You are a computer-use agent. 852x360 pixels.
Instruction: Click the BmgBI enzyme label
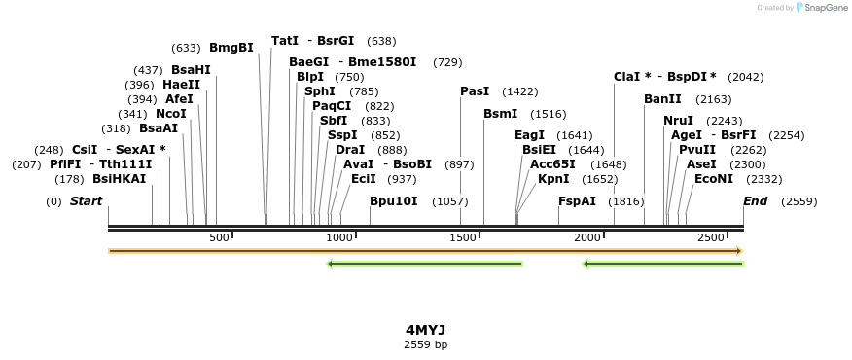tap(231, 48)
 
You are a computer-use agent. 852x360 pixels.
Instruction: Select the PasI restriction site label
tap(475, 91)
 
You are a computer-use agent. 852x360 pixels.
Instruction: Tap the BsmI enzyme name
tap(500, 114)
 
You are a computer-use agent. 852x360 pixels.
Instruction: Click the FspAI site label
tap(577, 201)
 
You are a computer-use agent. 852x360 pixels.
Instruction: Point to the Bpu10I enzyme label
tap(393, 201)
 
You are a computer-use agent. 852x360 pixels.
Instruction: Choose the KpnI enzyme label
tap(553, 179)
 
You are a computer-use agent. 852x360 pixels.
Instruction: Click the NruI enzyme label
tap(678, 121)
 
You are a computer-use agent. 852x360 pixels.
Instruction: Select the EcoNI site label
tap(713, 179)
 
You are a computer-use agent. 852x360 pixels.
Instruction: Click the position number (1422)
tap(519, 91)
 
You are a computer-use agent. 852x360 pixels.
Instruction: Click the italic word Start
tap(86, 201)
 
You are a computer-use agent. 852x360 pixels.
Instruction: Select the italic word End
tap(755, 201)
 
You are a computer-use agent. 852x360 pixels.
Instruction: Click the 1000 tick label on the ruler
tap(339, 238)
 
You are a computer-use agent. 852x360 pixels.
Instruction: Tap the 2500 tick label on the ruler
tap(711, 238)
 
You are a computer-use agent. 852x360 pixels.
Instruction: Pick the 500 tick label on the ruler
tap(219, 238)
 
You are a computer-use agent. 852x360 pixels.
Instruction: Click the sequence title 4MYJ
tap(425, 330)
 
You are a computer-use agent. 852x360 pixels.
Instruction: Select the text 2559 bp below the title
tap(425, 344)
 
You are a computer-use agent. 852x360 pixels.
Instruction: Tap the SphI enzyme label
tap(319, 91)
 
